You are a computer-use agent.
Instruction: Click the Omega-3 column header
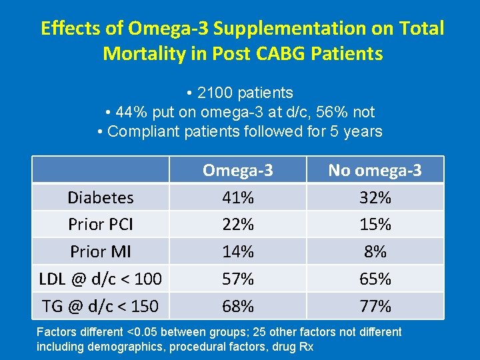coord(238,170)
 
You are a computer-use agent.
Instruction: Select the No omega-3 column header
coord(375,170)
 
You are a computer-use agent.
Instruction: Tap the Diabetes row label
coord(101,197)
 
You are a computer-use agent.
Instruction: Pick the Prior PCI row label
coord(101,225)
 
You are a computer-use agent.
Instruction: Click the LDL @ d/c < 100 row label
coord(101,279)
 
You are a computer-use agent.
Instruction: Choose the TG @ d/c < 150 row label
coord(101,306)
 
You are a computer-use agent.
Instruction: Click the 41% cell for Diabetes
coord(238,197)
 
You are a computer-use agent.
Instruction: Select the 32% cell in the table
coord(375,197)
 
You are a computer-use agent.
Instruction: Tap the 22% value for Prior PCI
coord(238,225)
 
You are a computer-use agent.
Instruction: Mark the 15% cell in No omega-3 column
coord(375,225)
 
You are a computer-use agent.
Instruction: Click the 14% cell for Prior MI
coord(238,252)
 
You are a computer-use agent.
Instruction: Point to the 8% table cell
coord(375,252)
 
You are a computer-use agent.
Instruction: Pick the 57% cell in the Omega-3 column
coord(238,279)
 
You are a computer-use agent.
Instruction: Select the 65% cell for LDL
coord(375,279)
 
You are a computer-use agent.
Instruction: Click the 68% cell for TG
coord(238,306)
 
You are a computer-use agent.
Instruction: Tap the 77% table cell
coord(375,306)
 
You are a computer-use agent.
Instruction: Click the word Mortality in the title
coord(148,53)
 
